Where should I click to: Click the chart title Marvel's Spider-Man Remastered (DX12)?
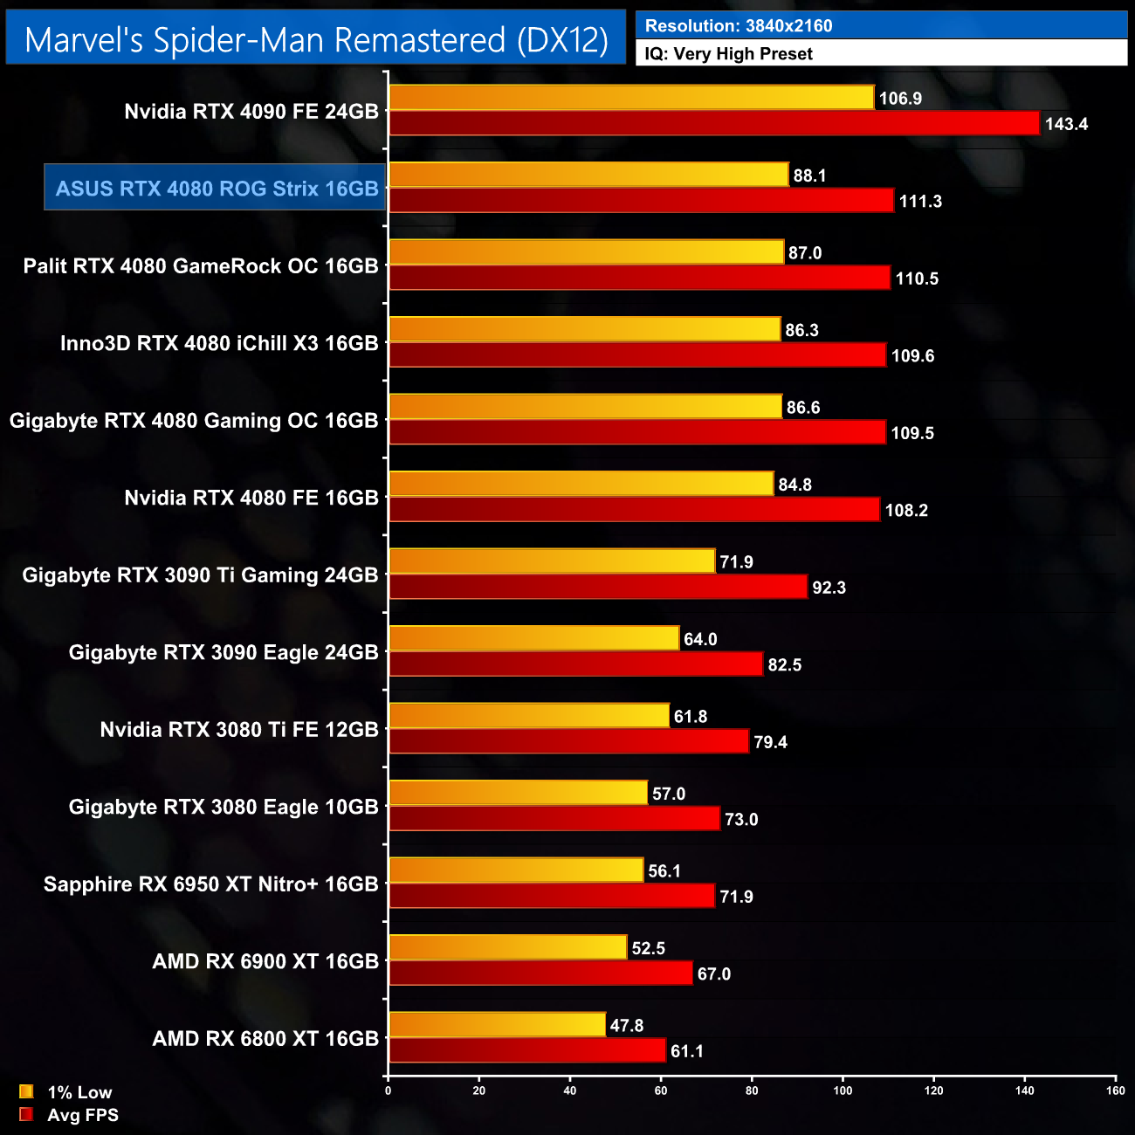click(316, 40)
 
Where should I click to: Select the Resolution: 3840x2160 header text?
click(739, 26)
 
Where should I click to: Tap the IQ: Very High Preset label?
click(728, 54)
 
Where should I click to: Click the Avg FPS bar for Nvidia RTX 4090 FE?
click(714, 123)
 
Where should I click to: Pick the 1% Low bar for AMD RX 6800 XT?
click(497, 1024)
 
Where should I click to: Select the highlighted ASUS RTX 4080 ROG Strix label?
click(216, 189)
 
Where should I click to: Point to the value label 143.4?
click(1066, 124)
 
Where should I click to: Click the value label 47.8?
click(626, 1026)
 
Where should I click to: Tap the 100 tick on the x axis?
click(843, 1090)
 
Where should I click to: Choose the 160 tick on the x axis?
click(1115, 1090)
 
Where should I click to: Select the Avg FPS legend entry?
click(70, 1115)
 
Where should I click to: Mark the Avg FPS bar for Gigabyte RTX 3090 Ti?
click(598, 587)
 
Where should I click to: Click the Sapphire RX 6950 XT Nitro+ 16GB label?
click(210, 884)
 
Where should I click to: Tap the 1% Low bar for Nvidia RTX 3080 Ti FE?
click(529, 716)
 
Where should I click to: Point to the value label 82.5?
click(784, 665)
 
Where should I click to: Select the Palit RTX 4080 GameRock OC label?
click(201, 266)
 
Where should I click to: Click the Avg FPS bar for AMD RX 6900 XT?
click(540, 973)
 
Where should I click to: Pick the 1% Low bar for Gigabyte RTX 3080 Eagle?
click(518, 793)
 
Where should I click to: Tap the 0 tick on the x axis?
click(389, 1090)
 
